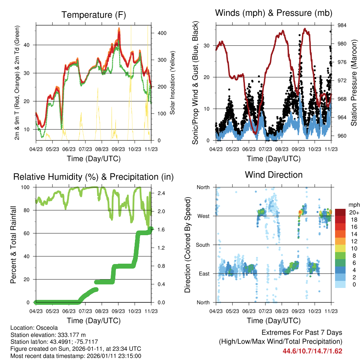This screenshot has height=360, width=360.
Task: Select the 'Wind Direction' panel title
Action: (x=274, y=175)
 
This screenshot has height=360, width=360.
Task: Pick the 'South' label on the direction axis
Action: (x=203, y=245)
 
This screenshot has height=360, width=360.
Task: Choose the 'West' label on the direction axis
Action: (x=204, y=216)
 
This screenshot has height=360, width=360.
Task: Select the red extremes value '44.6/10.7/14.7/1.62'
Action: (x=312, y=351)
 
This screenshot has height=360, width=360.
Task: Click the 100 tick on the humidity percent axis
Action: (x=26, y=187)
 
